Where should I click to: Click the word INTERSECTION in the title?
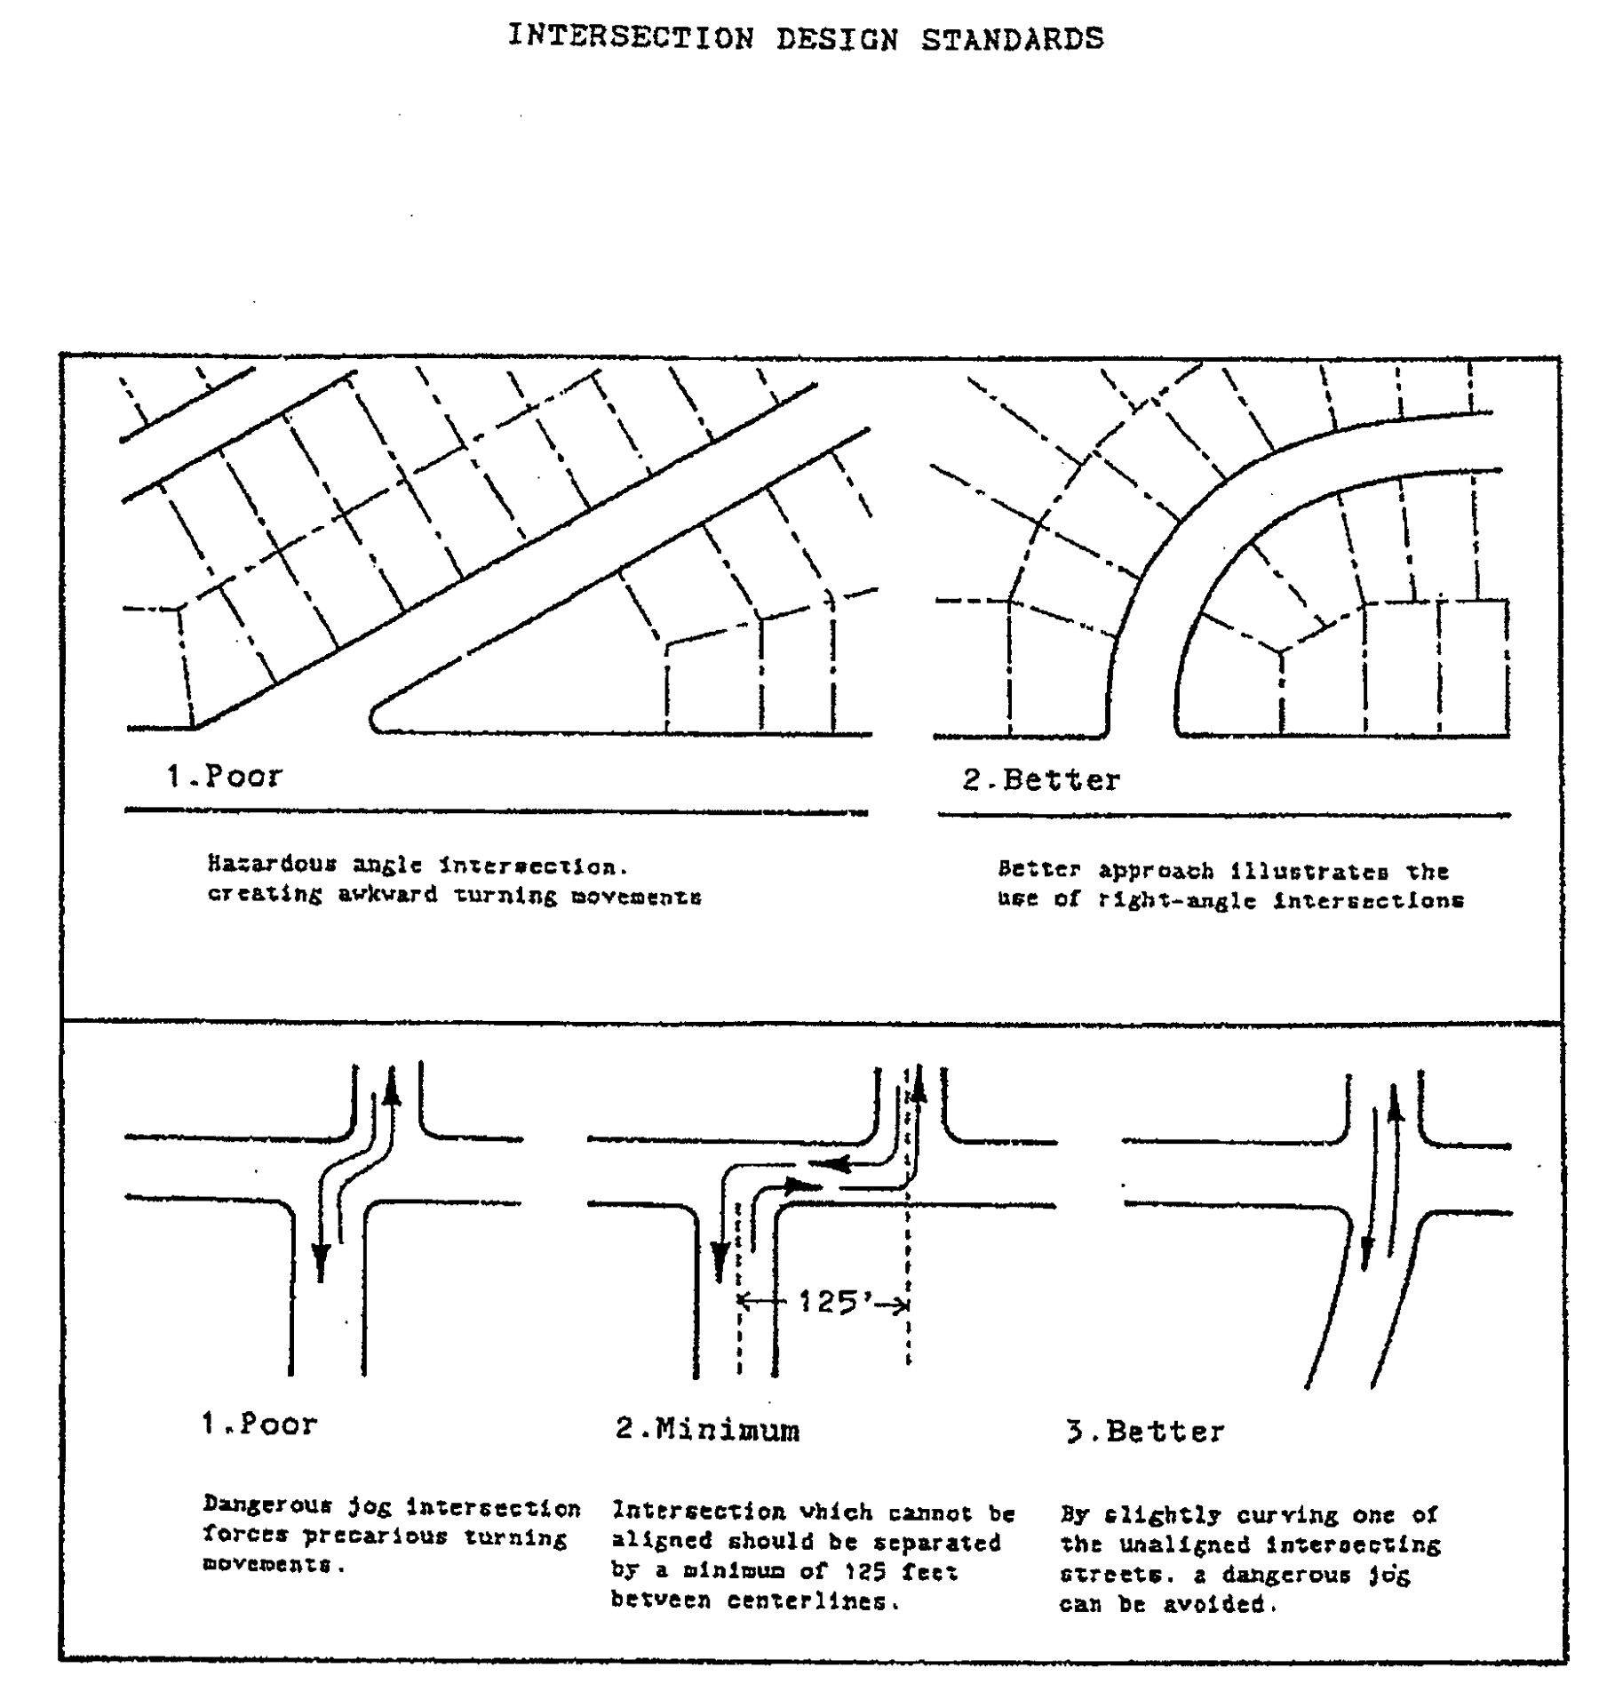point(631,37)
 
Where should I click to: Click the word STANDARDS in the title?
point(1012,39)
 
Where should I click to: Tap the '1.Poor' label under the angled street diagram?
point(224,776)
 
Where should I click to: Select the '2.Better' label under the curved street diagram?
point(1041,780)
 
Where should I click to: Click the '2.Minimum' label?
point(707,1430)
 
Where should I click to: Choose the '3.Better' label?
point(1145,1432)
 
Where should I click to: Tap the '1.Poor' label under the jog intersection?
point(259,1425)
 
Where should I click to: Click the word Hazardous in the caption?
point(272,863)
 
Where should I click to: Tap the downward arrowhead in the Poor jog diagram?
point(321,1262)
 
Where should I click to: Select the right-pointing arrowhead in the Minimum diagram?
point(802,1185)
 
